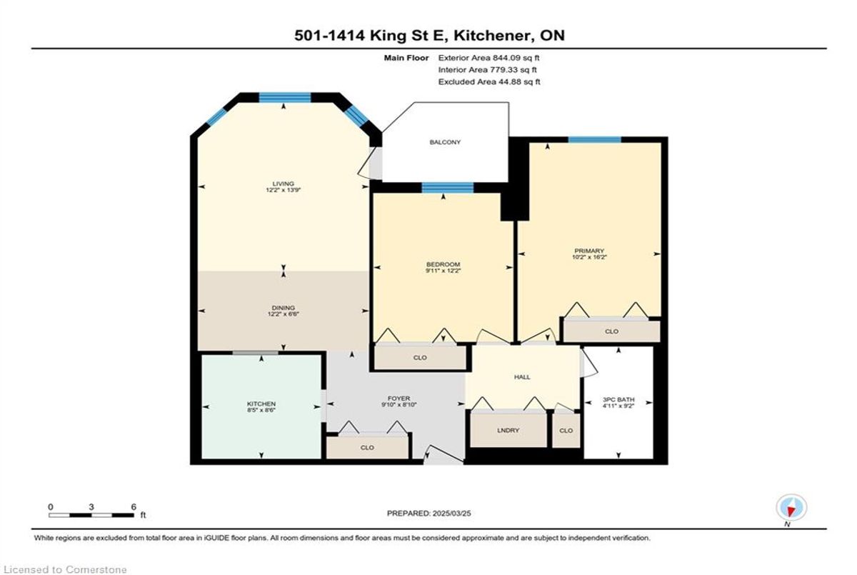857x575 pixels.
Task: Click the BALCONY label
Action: tap(444, 142)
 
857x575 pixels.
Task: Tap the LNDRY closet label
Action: tap(508, 430)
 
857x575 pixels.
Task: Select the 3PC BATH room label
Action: tap(618, 399)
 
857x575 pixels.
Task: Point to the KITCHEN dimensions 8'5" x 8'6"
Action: tap(261, 410)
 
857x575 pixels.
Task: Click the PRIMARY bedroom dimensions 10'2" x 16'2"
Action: tap(589, 257)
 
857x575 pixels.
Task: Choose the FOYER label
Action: tap(399, 399)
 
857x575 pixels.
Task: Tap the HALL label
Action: tap(522, 377)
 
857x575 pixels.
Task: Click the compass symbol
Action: tap(791, 508)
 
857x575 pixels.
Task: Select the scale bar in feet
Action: tap(91, 515)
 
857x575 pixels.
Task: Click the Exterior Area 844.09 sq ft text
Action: tap(488, 58)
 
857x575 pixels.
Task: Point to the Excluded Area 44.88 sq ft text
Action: tap(489, 81)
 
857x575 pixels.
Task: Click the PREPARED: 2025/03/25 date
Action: tap(429, 514)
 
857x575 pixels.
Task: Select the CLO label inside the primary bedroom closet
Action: tap(611, 331)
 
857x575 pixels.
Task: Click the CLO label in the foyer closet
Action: tap(367, 447)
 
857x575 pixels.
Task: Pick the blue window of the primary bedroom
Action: tap(594, 139)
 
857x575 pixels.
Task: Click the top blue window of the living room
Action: tap(285, 98)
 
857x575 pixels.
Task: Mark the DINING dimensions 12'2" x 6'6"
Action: tap(283, 314)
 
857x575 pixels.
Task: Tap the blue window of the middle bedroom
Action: tap(448, 188)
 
